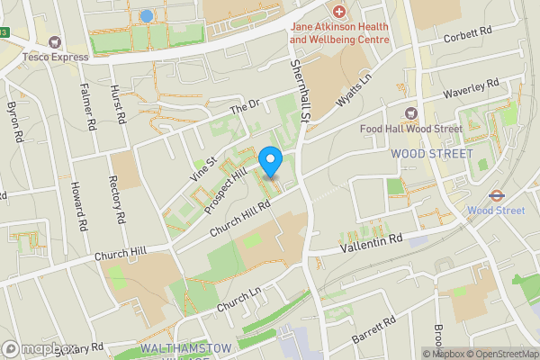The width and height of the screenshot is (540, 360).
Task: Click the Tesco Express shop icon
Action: (56, 42)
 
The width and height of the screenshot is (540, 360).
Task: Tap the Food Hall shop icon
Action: (411, 113)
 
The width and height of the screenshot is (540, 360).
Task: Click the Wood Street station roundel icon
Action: (495, 194)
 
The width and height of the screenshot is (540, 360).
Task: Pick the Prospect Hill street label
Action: (224, 186)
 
